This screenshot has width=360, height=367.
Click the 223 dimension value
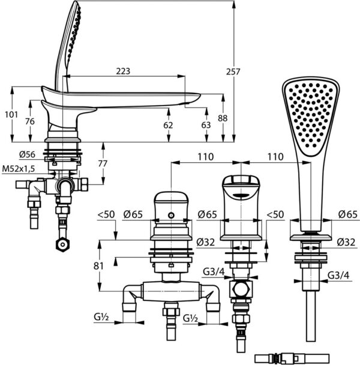122,71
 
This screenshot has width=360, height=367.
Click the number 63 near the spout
206,126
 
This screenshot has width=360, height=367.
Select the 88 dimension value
223,119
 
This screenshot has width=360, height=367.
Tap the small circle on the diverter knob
172,215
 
